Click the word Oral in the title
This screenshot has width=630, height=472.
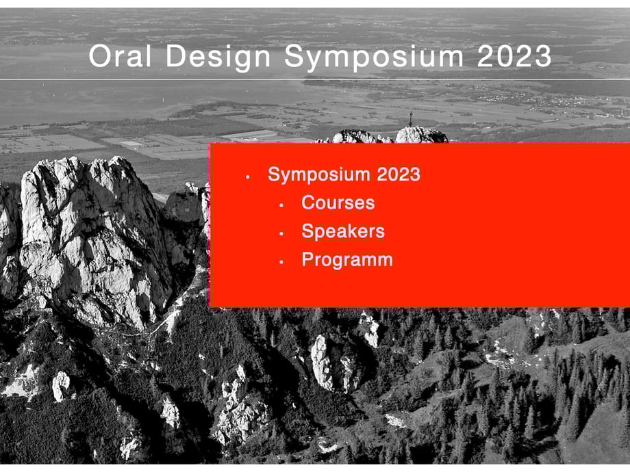coord(120,56)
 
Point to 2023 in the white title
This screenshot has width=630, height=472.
coord(514,56)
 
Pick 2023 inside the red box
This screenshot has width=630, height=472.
coord(399,174)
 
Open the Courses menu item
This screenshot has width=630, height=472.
coord(338,202)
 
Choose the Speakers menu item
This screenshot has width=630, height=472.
coord(343,232)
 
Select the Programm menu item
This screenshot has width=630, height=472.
coord(347,260)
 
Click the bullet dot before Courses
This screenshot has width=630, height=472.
coord(281,205)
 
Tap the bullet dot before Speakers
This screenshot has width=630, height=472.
coord(281,233)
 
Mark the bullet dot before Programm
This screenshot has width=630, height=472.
coord(281,262)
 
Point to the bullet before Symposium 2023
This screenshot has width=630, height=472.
coord(248,177)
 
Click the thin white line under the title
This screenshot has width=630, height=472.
coord(315,79)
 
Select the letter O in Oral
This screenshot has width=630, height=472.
coord(100,56)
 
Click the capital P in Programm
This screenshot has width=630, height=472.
coord(308,259)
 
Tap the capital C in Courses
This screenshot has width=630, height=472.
coord(309,202)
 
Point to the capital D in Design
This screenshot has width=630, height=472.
coord(176,56)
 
